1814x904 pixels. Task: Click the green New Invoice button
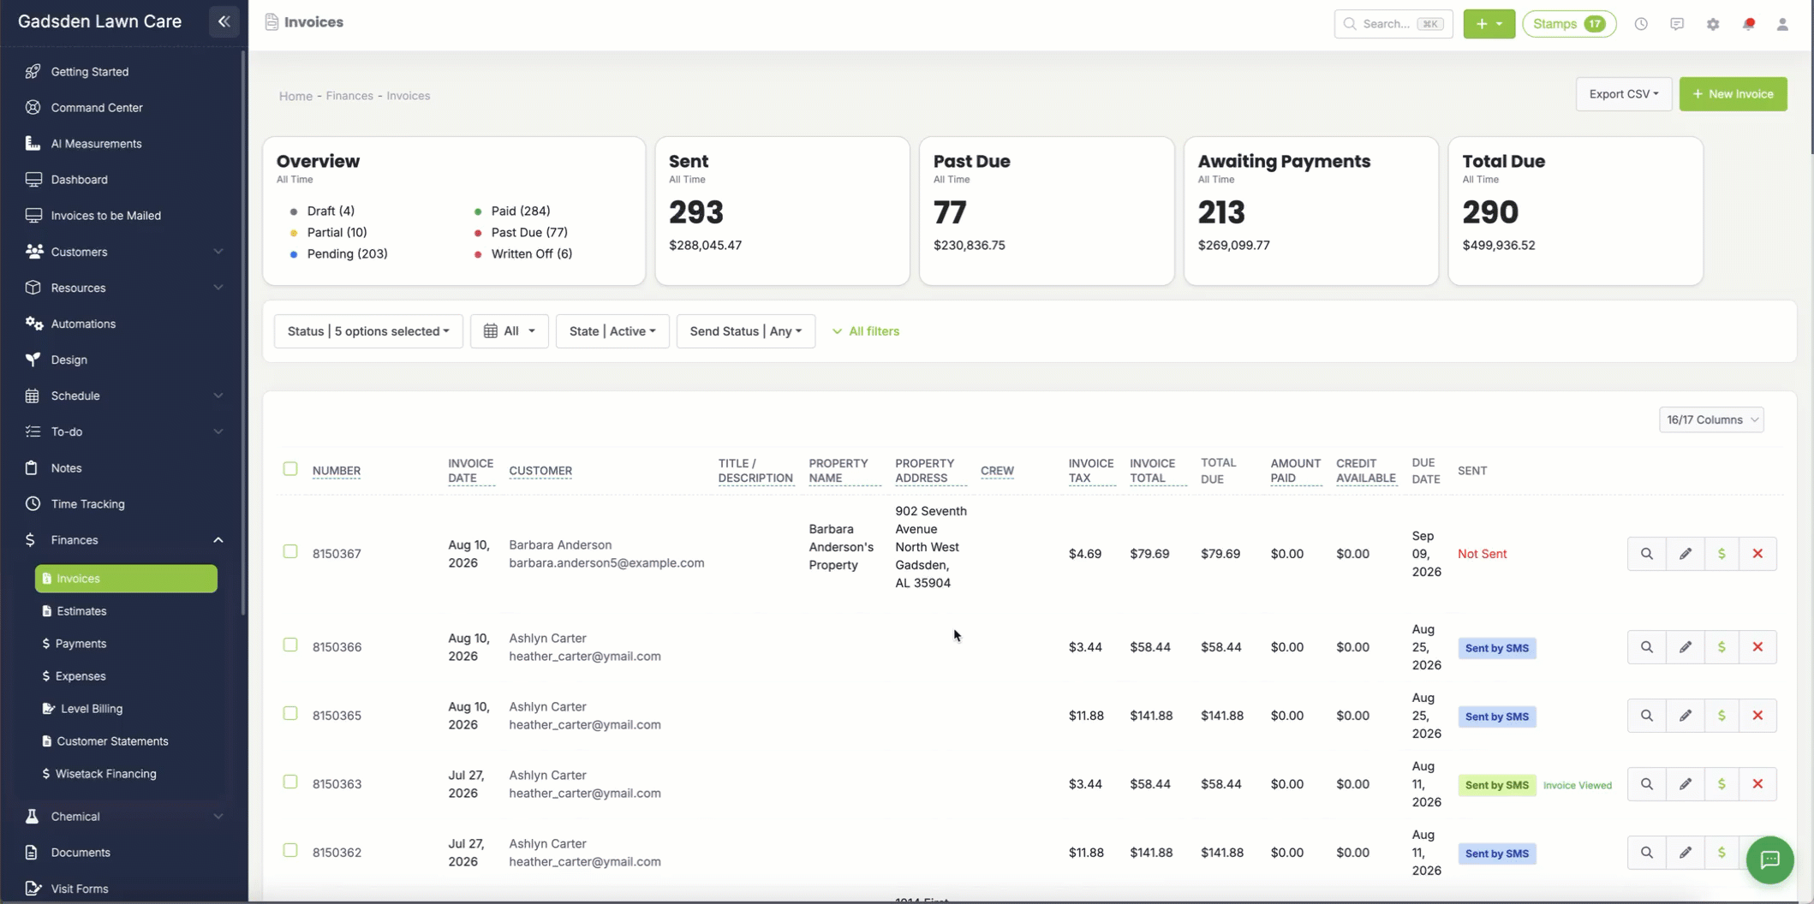coord(1733,94)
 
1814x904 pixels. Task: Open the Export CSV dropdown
coord(1623,94)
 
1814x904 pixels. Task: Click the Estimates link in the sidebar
coord(81,611)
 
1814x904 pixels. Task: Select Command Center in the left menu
coord(96,108)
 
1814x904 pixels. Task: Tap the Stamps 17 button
coord(1569,24)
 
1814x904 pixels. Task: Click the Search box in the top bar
coord(1393,24)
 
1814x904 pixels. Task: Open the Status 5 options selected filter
coord(368,331)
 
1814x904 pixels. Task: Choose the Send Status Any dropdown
coord(745,331)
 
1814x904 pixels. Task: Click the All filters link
coord(866,331)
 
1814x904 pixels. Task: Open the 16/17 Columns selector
coord(1711,419)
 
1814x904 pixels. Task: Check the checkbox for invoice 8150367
coord(290,552)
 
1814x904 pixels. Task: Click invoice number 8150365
coord(337,716)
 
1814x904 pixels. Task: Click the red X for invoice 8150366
coord(1757,647)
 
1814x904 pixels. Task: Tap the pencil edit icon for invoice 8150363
coord(1685,784)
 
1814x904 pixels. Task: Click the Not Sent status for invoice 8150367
coord(1482,554)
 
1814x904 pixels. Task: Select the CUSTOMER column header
coord(540,471)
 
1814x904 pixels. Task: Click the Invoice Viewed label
coord(1578,785)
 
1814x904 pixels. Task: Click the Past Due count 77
coord(950,212)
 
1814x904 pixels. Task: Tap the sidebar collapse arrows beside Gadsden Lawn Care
coord(224,22)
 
